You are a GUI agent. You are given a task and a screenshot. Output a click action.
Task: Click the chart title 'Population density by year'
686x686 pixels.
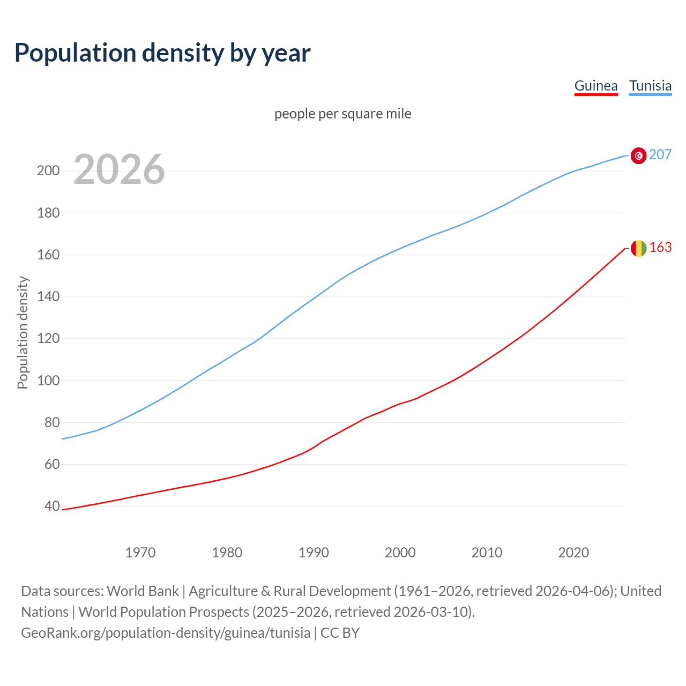click(162, 53)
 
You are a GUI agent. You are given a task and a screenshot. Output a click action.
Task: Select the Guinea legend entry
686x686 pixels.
click(595, 86)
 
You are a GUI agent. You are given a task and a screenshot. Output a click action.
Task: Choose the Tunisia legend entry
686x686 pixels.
click(650, 86)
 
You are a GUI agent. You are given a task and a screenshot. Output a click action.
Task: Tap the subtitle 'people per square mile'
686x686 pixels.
click(342, 114)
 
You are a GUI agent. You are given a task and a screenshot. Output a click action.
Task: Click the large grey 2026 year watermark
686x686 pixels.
click(119, 169)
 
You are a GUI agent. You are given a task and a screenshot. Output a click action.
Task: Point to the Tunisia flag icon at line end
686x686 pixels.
click(638, 155)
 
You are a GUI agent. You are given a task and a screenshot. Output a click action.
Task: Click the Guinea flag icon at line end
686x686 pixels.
click(638, 248)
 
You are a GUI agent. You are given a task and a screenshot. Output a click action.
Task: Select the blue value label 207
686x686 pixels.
click(660, 154)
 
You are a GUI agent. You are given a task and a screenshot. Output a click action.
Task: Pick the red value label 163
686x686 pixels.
click(660, 247)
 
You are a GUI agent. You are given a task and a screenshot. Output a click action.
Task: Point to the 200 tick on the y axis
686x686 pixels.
click(48, 171)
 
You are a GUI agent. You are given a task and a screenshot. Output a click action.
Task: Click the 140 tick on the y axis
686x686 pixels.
click(48, 296)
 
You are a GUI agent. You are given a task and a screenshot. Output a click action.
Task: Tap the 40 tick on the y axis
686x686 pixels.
click(51, 506)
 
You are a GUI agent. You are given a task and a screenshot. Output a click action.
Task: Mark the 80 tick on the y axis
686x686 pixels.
click(51, 422)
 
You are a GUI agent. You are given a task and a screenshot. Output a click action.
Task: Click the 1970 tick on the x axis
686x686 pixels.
click(140, 552)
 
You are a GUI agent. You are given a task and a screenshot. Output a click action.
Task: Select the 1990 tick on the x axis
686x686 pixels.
click(314, 552)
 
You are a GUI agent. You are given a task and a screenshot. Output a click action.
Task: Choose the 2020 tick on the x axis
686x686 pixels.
click(573, 552)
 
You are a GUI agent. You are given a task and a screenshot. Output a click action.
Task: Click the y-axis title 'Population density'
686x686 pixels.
click(23, 332)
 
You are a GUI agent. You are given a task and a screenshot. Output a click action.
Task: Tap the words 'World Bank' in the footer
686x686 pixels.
click(143, 591)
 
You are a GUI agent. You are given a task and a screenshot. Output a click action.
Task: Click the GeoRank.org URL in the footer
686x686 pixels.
click(166, 633)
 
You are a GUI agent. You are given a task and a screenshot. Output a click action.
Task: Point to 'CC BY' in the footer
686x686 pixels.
click(340, 633)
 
